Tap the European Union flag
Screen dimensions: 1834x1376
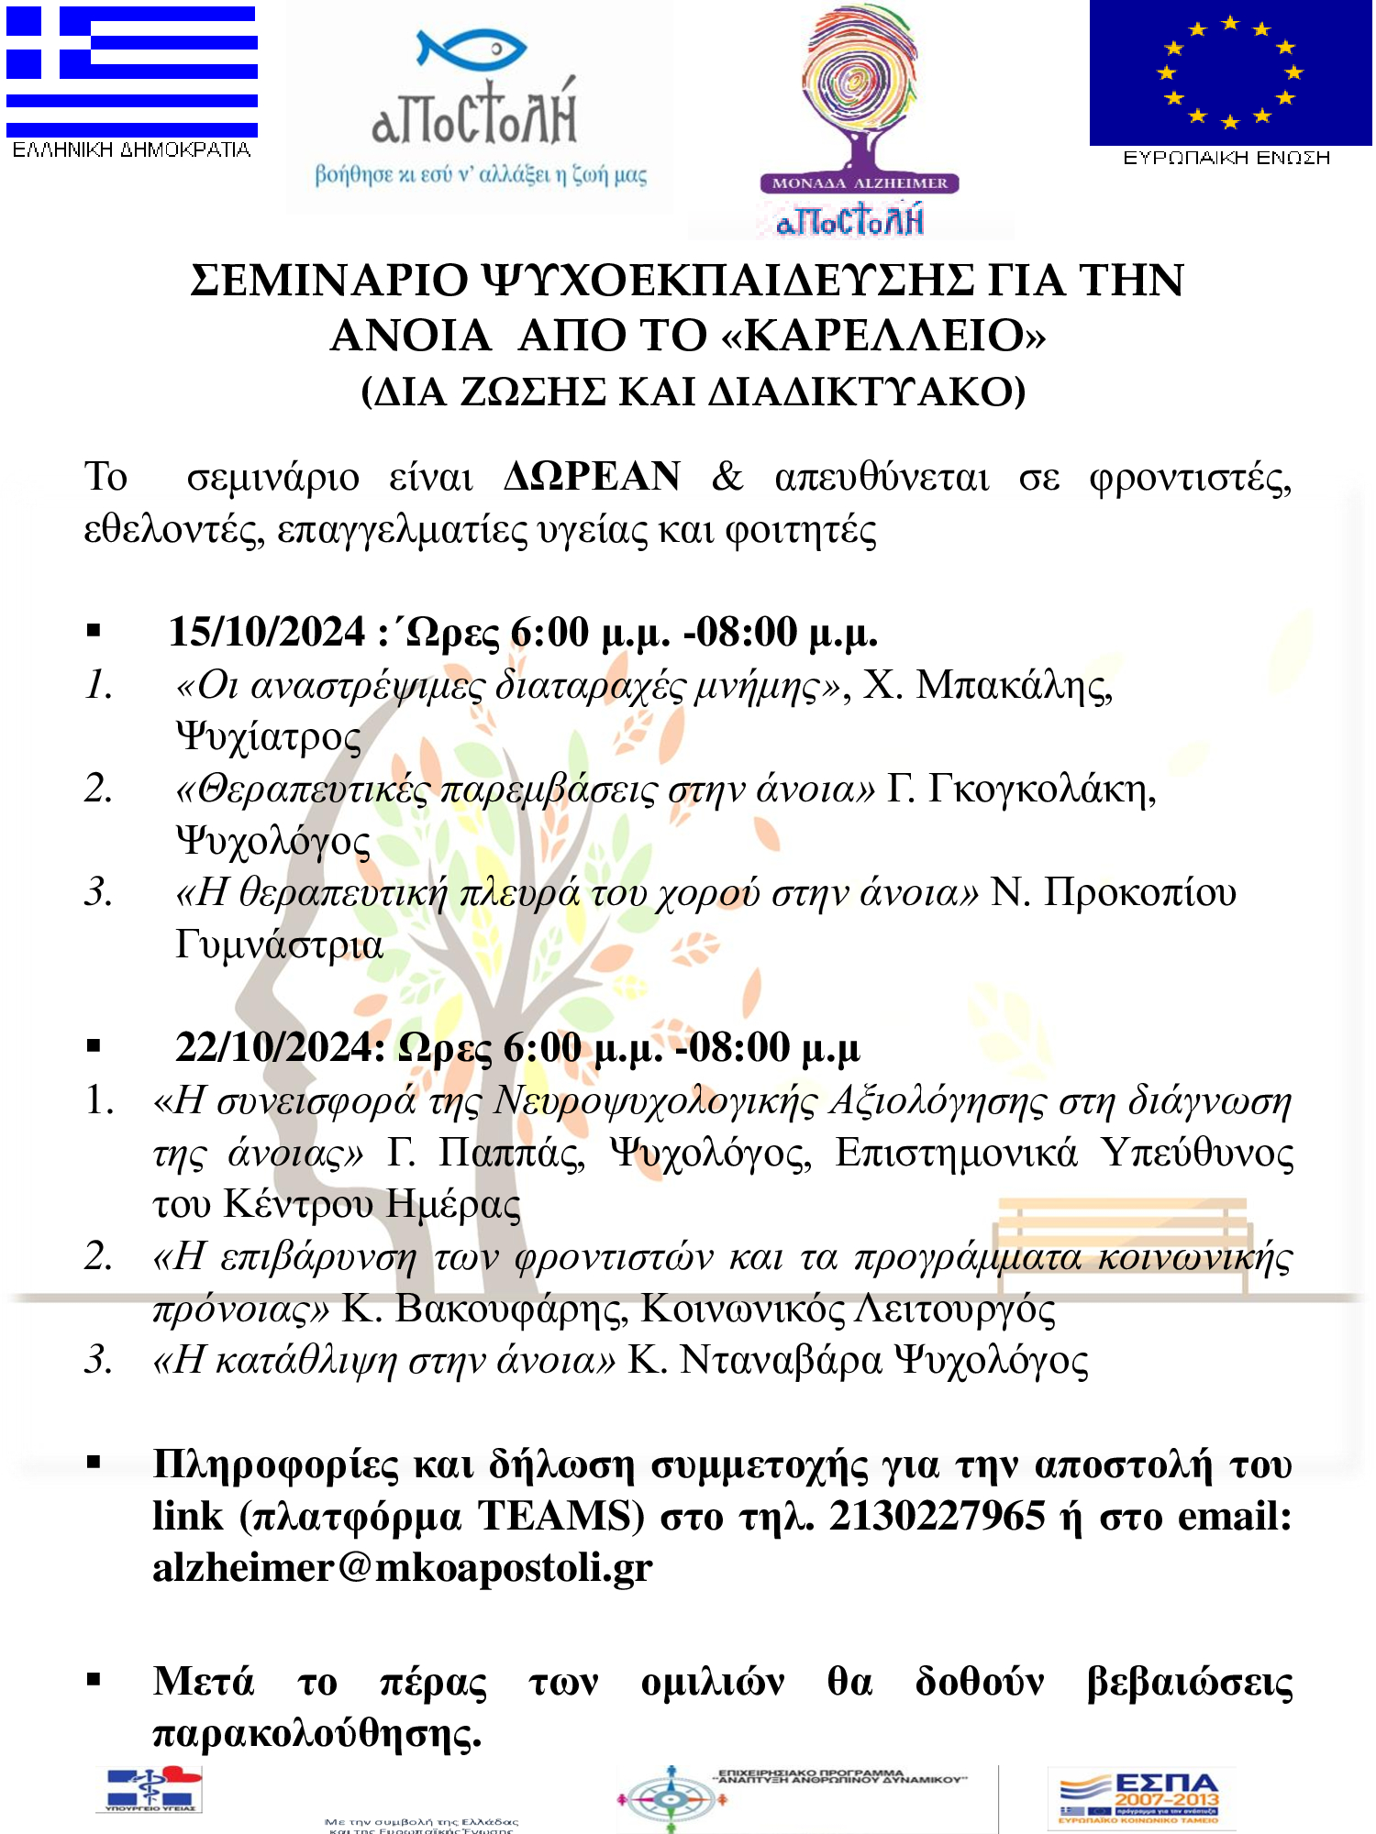click(1229, 72)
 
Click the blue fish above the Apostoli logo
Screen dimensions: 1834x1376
click(471, 49)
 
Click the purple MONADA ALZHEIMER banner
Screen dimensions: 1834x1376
click(860, 182)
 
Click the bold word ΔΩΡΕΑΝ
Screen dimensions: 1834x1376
click(593, 477)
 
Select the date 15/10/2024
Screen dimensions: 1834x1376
click(267, 633)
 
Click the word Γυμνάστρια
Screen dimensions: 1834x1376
click(279, 945)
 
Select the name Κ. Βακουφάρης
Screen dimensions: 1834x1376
click(484, 1309)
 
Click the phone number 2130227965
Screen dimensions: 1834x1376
click(937, 1517)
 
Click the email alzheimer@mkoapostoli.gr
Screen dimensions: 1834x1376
click(402, 1568)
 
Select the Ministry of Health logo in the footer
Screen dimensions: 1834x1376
click(150, 1789)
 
